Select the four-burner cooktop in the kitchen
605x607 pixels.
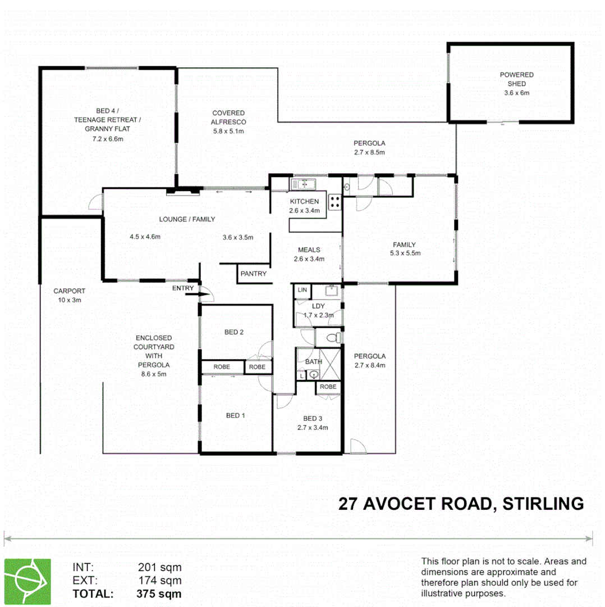click(335, 202)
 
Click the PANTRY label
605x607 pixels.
click(254, 274)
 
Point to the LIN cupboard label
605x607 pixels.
click(302, 290)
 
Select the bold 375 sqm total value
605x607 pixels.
click(159, 594)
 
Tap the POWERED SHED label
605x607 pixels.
click(516, 79)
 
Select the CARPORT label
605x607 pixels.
click(69, 291)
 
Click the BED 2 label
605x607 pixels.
click(234, 332)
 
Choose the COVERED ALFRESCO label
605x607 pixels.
click(228, 117)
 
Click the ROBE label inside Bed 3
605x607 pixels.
click(328, 387)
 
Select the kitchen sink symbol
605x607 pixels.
click(303, 183)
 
